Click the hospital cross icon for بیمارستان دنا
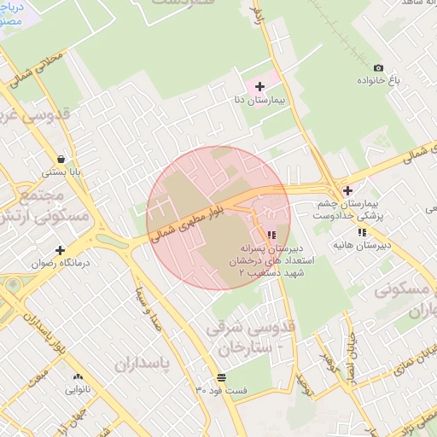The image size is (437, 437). tap(259, 86)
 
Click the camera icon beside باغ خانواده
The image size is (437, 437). tap(379, 67)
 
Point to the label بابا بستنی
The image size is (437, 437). tap(62, 172)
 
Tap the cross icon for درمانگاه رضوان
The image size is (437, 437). tap(60, 250)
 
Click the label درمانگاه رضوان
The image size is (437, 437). tap(60, 264)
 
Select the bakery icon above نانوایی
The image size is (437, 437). tap(79, 376)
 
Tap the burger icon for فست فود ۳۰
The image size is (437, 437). tap(222, 376)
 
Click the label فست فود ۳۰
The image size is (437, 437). tap(221, 390)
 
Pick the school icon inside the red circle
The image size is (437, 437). tap(271, 234)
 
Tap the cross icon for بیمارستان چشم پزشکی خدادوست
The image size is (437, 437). tap(347, 191)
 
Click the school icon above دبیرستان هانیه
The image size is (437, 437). tap(363, 232)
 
